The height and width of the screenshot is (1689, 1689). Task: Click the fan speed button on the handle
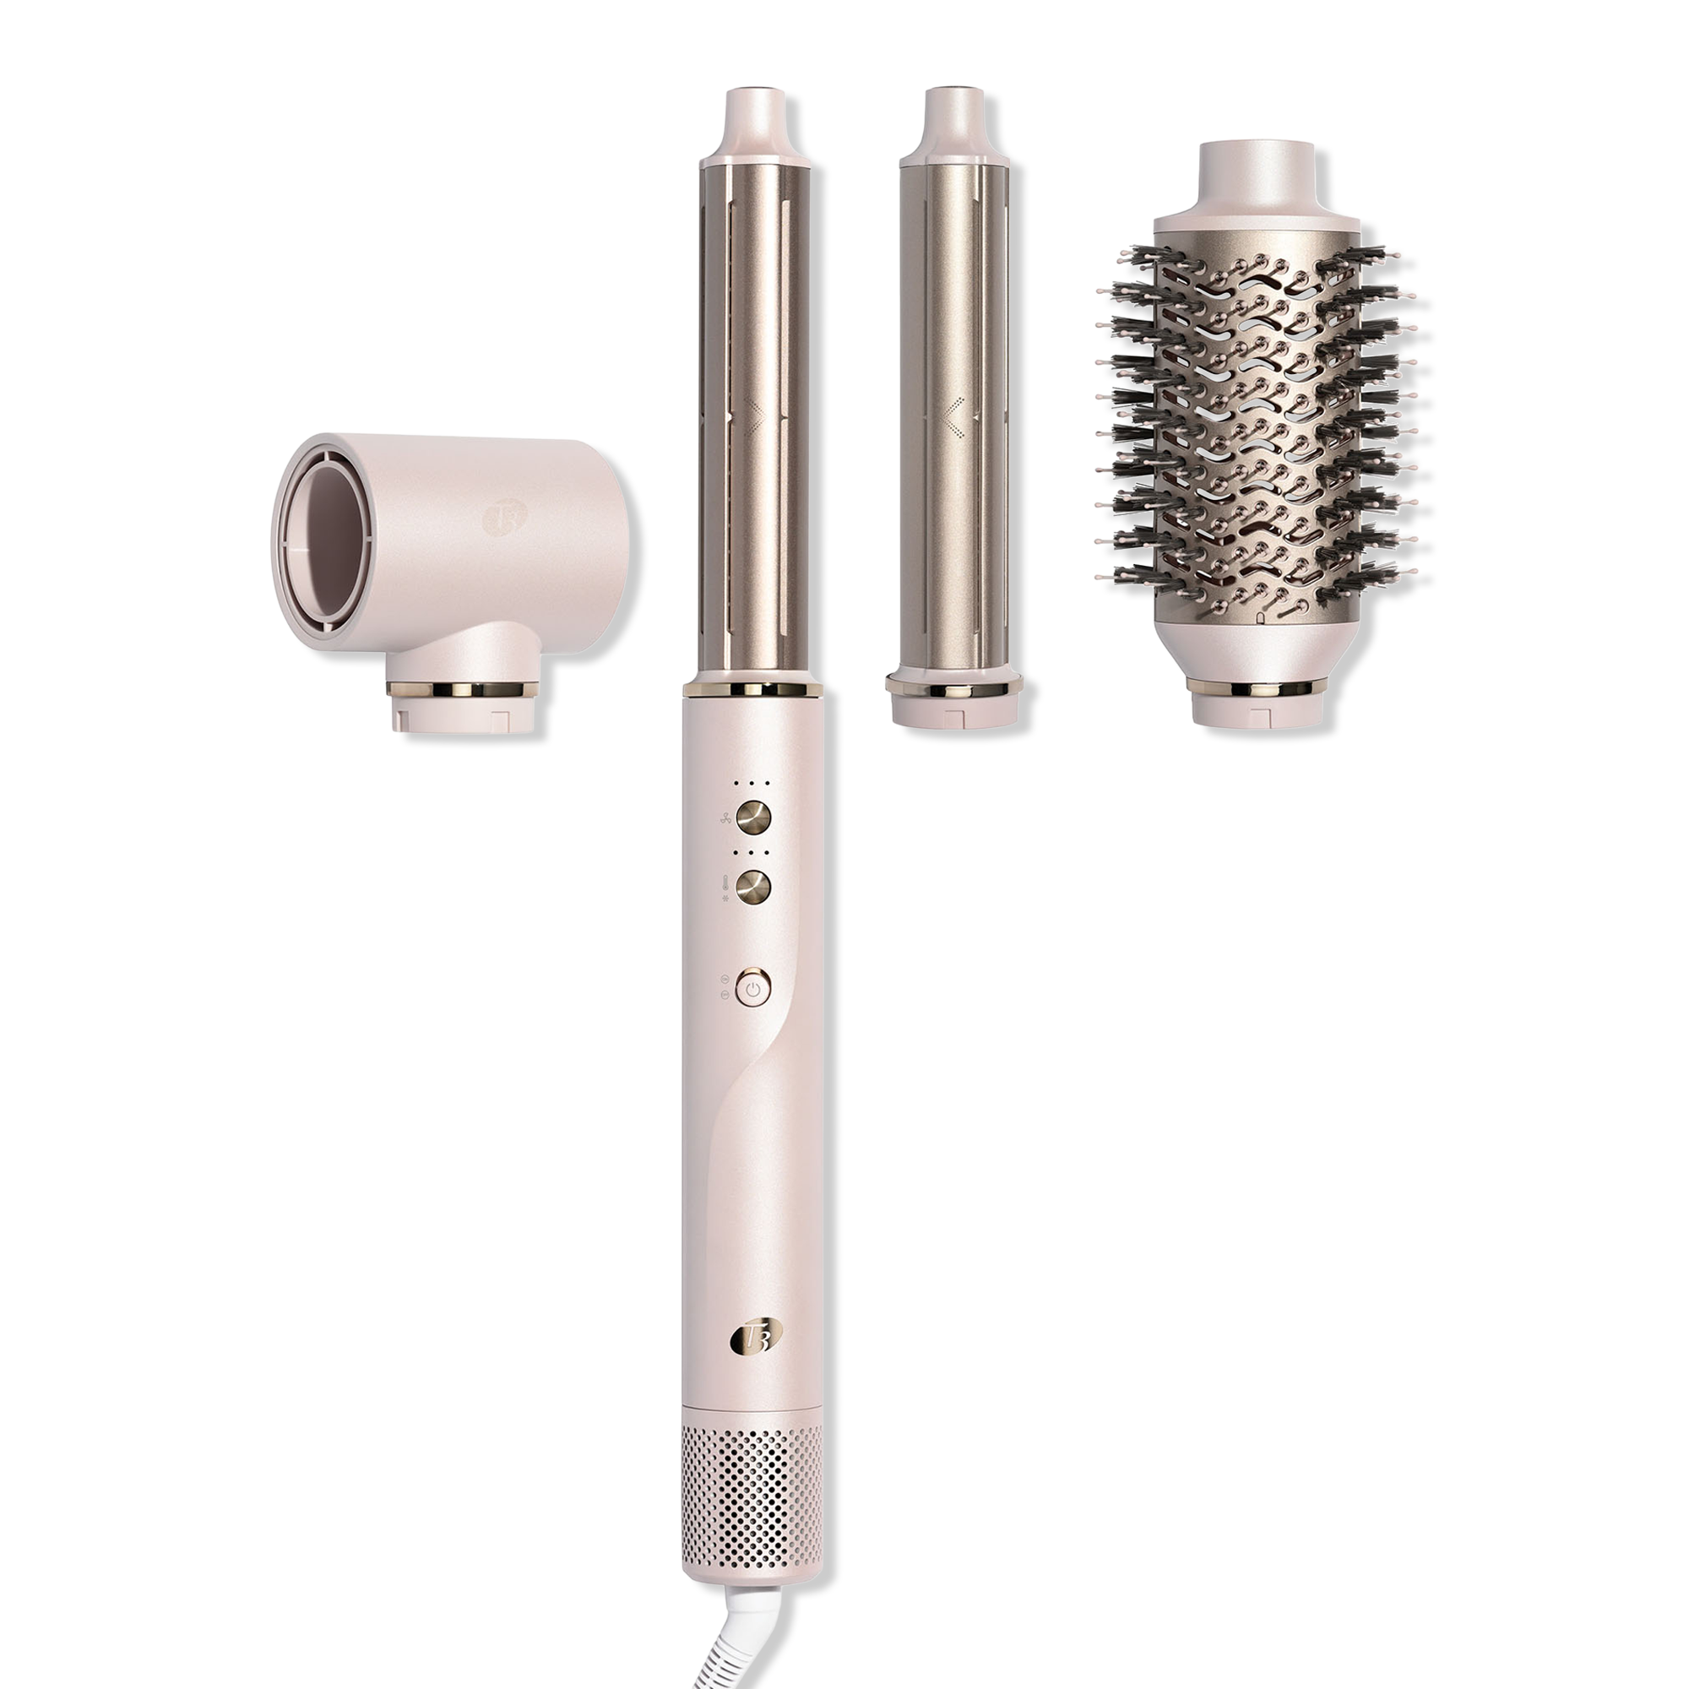[753, 817]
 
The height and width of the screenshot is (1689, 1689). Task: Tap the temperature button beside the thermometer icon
[753, 887]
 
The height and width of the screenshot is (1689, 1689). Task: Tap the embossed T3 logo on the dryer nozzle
[499, 516]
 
